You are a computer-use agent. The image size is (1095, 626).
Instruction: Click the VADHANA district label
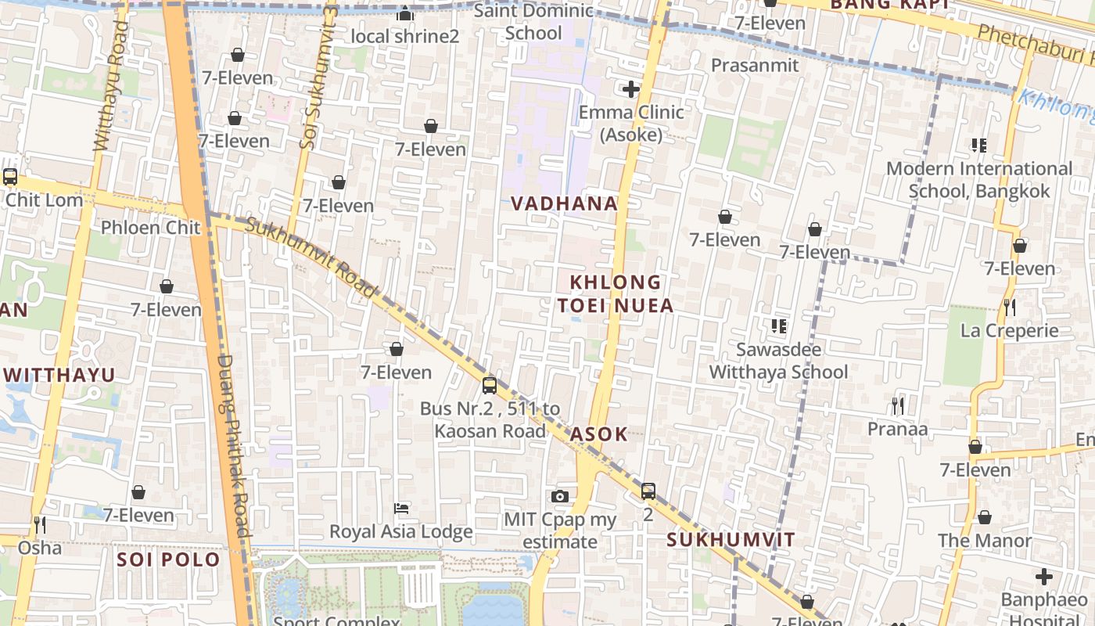(564, 203)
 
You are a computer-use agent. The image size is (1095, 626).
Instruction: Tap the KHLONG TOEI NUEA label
(616, 293)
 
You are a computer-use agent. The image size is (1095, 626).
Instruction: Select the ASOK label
(599, 434)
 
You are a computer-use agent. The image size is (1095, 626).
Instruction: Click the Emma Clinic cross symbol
(631, 90)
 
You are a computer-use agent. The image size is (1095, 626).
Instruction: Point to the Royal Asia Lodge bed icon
(401, 509)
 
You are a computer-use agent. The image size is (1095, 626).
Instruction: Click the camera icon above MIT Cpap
(559, 496)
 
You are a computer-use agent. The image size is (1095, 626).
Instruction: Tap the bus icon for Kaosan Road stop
(490, 385)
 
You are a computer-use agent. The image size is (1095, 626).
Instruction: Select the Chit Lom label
(44, 200)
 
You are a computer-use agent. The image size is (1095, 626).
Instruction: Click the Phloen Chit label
(151, 228)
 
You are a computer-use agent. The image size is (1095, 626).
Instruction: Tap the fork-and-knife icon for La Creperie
(1010, 307)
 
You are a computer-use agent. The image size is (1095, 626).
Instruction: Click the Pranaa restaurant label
(897, 429)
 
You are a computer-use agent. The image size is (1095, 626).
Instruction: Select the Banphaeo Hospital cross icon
(1043, 577)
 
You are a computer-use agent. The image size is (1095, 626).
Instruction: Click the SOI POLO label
(168, 559)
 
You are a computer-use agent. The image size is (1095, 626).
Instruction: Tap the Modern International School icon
(978, 146)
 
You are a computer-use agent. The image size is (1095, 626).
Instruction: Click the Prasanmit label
(755, 65)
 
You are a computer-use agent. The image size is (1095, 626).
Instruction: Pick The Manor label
(985, 541)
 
